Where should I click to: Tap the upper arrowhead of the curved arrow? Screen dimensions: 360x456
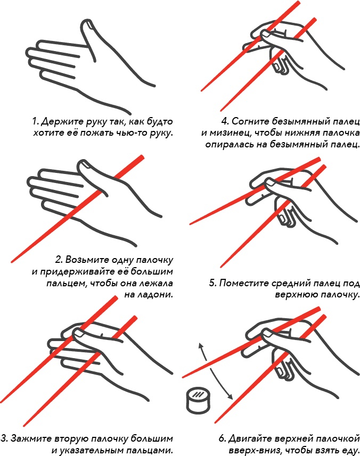pyautogui.click(x=201, y=346)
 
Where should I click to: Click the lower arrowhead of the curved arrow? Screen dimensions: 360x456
pyautogui.click(x=230, y=396)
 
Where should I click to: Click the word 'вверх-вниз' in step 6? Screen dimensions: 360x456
pyautogui.click(x=252, y=451)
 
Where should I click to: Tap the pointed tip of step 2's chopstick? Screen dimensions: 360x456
pyautogui.click(x=12, y=261)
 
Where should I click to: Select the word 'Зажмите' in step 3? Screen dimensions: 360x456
pyautogui.click(x=31, y=438)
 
